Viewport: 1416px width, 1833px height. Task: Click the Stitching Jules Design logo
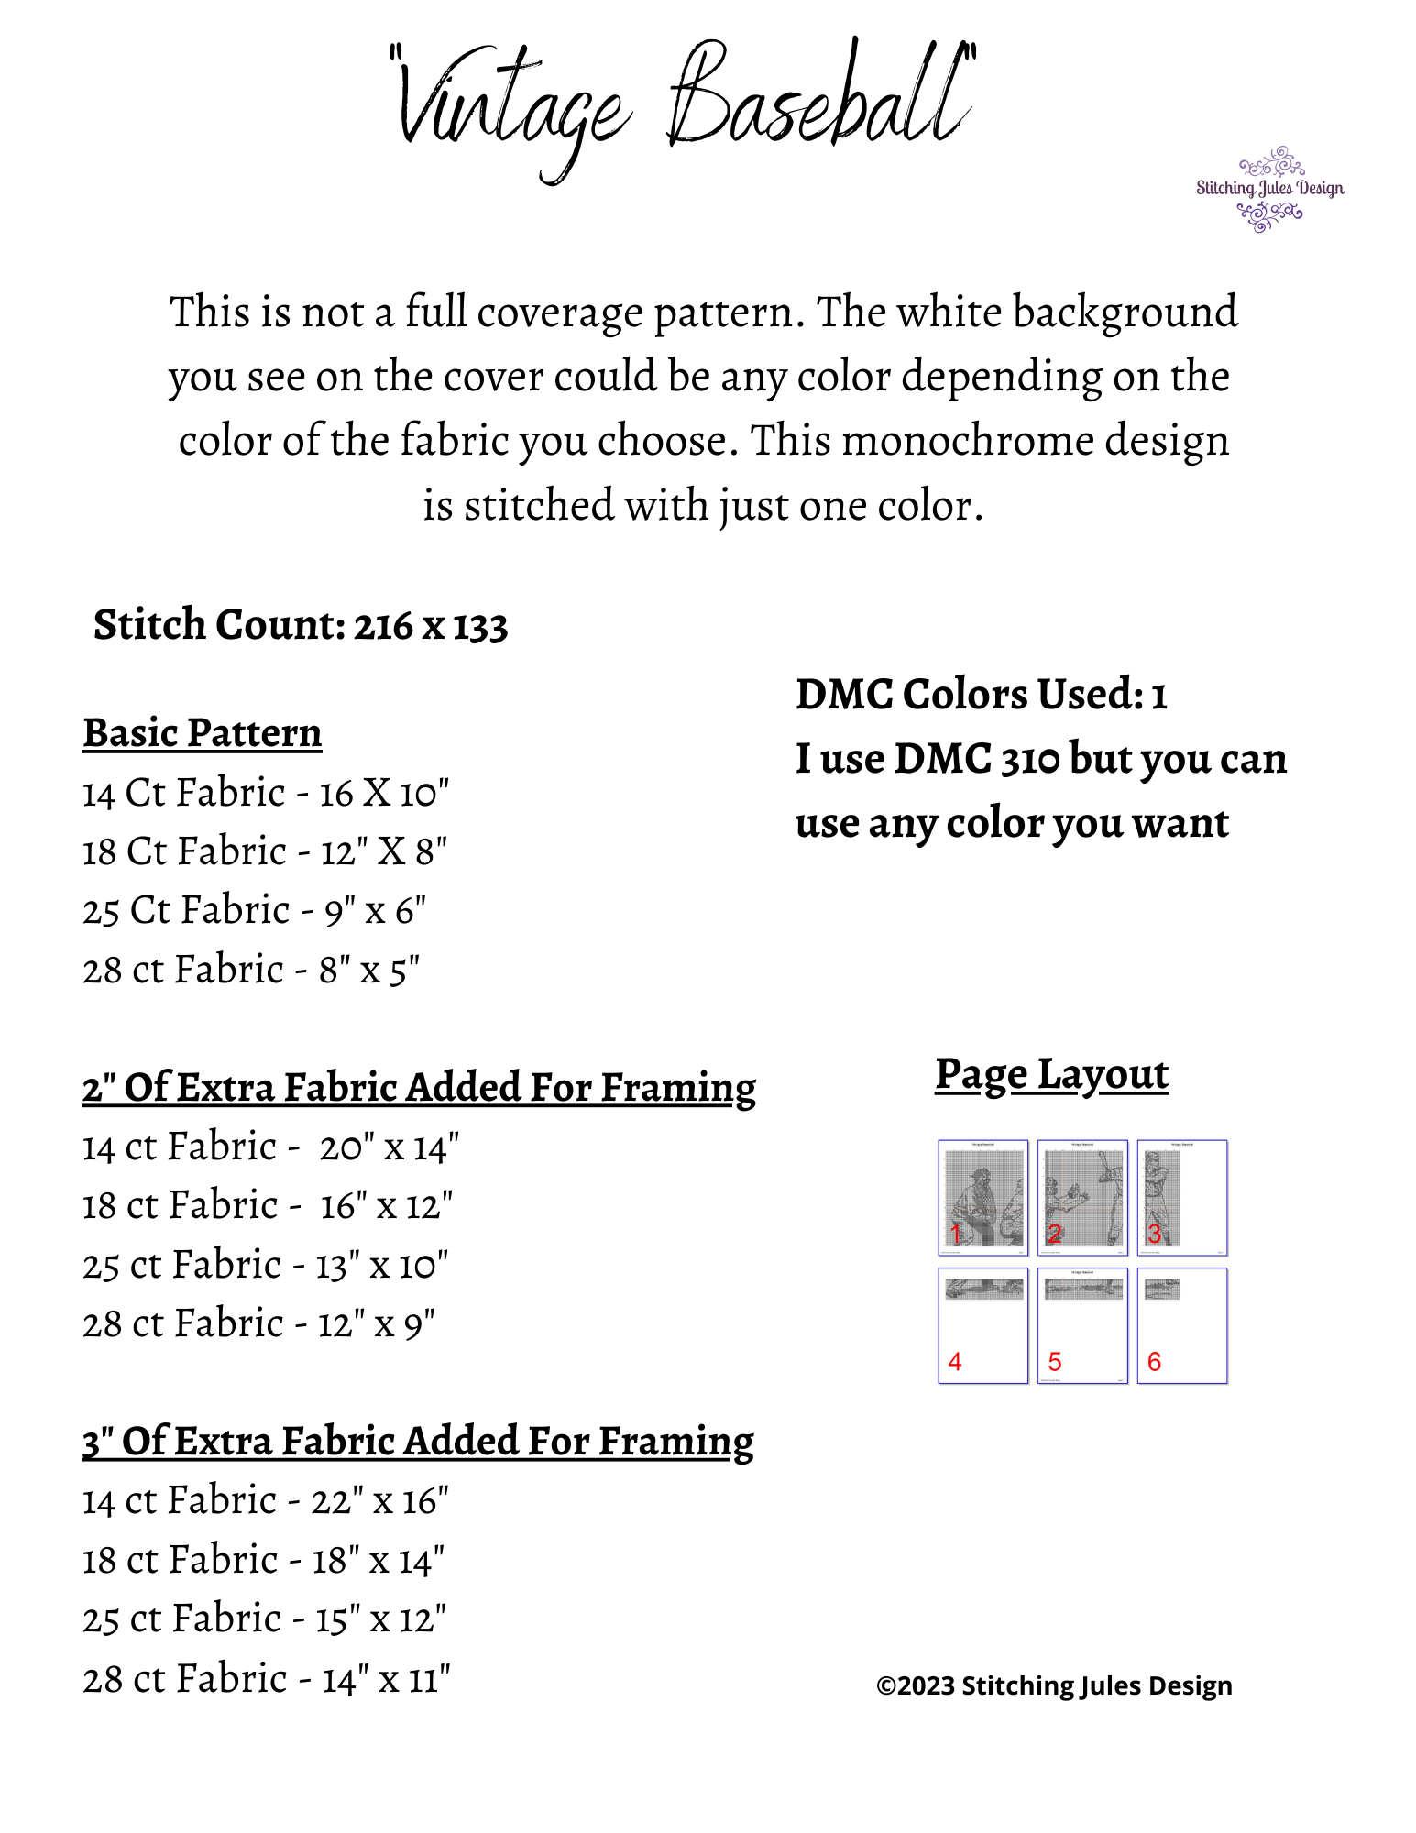click(x=1269, y=189)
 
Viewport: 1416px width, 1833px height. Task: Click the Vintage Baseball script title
click(x=683, y=105)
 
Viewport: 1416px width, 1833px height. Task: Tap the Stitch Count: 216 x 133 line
click(x=301, y=626)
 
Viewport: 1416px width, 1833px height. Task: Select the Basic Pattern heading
click(x=203, y=733)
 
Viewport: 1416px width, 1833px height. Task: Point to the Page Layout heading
click(x=1051, y=1074)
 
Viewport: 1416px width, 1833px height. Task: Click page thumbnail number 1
click(x=982, y=1197)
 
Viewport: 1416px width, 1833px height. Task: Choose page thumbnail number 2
click(x=1082, y=1197)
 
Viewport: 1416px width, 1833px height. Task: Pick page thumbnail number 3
click(x=1181, y=1197)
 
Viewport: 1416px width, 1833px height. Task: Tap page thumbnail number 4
click(x=982, y=1325)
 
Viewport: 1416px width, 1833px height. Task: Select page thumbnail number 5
click(x=1082, y=1325)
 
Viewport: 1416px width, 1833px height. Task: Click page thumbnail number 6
click(x=1181, y=1325)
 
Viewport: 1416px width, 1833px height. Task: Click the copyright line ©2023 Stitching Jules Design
click(x=1054, y=1685)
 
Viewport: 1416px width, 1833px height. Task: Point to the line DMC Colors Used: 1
click(x=981, y=695)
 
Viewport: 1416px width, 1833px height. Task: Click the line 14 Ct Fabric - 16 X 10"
click(x=266, y=794)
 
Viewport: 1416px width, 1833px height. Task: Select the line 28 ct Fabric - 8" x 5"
click(x=251, y=971)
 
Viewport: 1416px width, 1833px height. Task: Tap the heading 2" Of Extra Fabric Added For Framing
click(x=419, y=1088)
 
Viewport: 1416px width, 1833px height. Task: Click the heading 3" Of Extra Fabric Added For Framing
click(x=418, y=1442)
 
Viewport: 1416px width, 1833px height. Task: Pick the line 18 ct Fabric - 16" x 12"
click(x=268, y=1206)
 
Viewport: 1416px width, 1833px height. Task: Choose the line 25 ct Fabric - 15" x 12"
click(x=264, y=1619)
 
